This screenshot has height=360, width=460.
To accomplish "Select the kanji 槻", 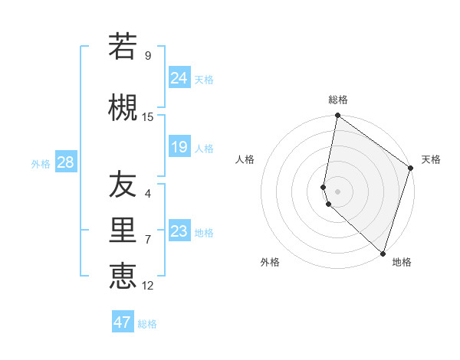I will click(x=123, y=107).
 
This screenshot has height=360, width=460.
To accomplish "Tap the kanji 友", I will click(x=123, y=185).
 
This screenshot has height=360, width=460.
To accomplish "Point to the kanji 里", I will click(x=123, y=231).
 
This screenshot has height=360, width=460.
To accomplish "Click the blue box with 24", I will click(x=179, y=78).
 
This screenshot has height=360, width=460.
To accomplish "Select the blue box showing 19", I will click(x=179, y=147).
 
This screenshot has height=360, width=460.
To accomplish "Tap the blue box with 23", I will click(x=179, y=231).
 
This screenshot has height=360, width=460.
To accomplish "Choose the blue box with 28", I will click(x=65, y=163).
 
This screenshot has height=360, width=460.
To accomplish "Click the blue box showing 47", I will click(x=123, y=322).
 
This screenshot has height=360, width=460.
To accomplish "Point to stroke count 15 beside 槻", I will click(x=148, y=116).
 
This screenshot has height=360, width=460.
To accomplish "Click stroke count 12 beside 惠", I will click(x=148, y=286).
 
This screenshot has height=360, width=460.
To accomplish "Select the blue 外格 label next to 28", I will click(x=41, y=164).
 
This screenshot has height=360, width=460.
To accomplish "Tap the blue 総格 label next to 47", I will click(x=147, y=324).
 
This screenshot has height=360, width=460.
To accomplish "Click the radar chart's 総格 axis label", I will click(x=338, y=100).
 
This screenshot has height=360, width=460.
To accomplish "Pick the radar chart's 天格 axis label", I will click(x=432, y=159).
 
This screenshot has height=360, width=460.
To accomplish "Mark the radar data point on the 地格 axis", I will click(x=383, y=253).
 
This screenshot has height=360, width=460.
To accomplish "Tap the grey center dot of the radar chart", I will click(x=338, y=190).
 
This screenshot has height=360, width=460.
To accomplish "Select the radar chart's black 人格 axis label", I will click(x=245, y=159).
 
